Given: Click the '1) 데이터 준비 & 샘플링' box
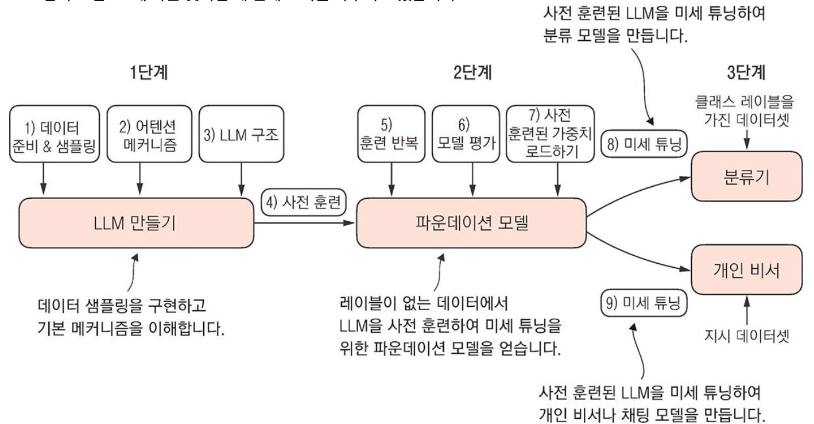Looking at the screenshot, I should click(x=55, y=134).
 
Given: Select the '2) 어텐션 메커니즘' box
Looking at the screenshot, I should click(x=148, y=134).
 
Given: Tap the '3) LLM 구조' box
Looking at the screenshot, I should click(x=241, y=134).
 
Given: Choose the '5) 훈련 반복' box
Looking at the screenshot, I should click(x=390, y=134).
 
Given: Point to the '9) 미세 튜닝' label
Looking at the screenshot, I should click(x=644, y=303).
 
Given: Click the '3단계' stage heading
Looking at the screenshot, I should click(x=746, y=73).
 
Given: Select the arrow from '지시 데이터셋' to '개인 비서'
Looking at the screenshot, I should click(x=746, y=308).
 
